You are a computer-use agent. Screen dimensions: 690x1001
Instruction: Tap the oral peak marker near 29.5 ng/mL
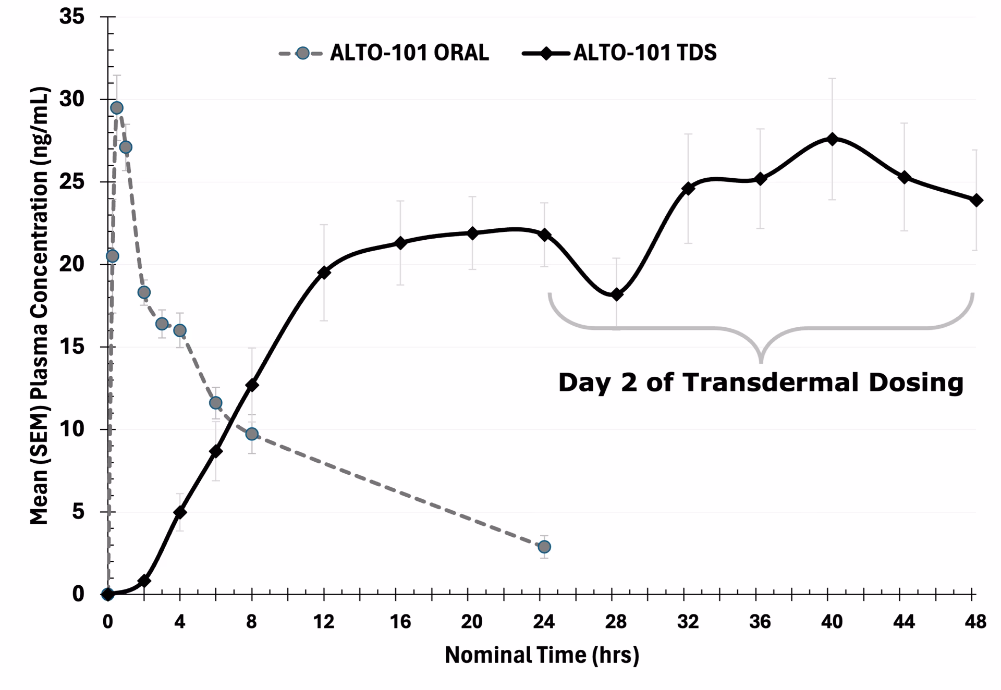(x=117, y=108)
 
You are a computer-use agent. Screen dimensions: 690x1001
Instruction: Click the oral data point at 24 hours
(x=544, y=547)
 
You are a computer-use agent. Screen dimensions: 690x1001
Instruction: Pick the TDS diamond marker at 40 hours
(x=832, y=139)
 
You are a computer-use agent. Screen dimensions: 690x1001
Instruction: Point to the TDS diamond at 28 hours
(x=617, y=294)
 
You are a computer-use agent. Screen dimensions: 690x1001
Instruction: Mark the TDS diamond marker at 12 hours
(x=324, y=272)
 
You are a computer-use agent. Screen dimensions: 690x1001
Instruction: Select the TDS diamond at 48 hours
(x=976, y=200)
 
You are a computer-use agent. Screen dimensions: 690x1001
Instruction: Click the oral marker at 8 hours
(x=252, y=434)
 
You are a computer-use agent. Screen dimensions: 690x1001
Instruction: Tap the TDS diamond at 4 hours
(x=180, y=512)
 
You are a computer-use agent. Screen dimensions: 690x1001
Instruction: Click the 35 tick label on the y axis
(x=71, y=17)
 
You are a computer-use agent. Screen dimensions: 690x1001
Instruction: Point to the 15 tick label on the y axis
(x=71, y=347)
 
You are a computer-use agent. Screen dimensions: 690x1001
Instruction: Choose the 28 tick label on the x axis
(x=616, y=622)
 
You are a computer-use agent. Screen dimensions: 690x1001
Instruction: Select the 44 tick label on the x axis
(x=904, y=622)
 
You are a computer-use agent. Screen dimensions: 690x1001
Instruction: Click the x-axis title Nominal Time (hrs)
(x=542, y=655)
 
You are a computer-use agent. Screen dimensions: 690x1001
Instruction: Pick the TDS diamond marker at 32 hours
(x=688, y=188)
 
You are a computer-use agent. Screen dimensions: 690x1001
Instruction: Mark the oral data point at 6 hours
(x=216, y=403)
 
